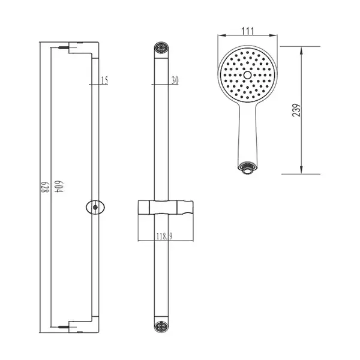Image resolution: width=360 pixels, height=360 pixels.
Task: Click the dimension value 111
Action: tap(248, 31)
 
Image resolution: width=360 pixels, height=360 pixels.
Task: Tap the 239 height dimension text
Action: tap(296, 110)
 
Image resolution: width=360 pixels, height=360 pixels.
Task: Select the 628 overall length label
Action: tap(45, 187)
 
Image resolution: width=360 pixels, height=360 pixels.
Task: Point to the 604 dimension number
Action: tap(59, 187)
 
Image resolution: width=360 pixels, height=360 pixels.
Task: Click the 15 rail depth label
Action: tap(104, 80)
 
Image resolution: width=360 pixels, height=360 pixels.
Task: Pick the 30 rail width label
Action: tap(175, 80)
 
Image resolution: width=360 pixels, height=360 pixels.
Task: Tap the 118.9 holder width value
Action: tap(164, 236)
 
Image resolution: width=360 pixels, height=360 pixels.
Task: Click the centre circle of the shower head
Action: tap(247, 75)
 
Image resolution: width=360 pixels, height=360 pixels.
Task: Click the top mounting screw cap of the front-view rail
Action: tap(161, 48)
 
